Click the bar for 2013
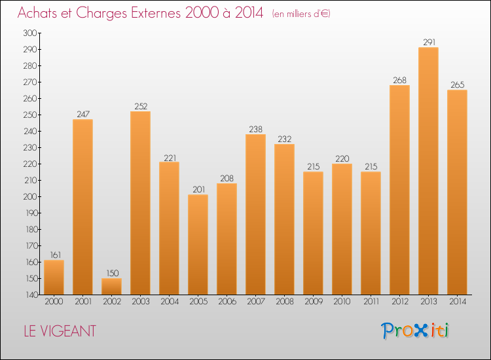pos(428,171)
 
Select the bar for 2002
pos(111,287)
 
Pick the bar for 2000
pos(54,278)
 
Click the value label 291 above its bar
pos(428,43)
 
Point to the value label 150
pos(111,274)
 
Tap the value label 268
pos(399,81)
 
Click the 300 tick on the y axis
pos(30,33)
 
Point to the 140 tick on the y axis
pos(30,295)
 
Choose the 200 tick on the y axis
pos(30,196)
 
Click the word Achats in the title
pos(40,13)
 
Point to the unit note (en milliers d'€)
pos(302,14)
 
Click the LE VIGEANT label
pos(57,331)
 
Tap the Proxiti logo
pos(415,331)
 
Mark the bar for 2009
pos(313,233)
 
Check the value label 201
pos(198,190)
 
